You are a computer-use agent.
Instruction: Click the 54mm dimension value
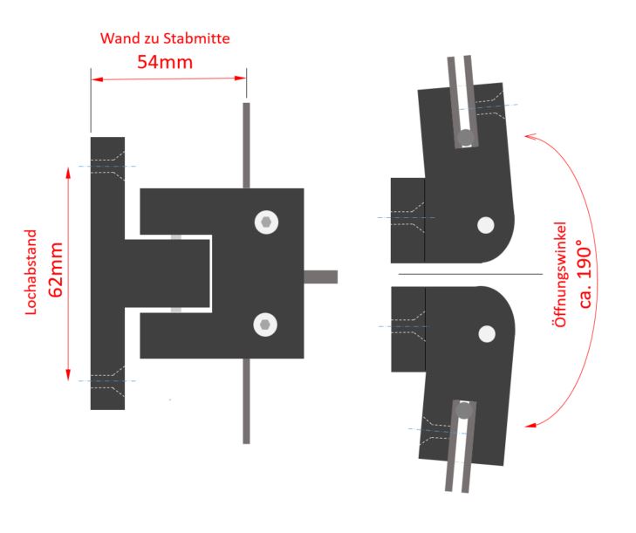(165, 62)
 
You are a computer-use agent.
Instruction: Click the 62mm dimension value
(56, 270)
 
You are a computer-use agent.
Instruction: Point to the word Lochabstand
(31, 272)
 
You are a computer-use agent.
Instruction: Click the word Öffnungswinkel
(559, 275)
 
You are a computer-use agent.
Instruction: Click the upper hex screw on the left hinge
(266, 222)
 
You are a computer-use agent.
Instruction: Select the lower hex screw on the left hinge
(265, 325)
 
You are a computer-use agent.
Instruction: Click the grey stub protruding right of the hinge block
(320, 277)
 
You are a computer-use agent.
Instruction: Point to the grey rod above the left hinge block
(246, 145)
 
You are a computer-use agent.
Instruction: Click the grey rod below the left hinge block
(246, 400)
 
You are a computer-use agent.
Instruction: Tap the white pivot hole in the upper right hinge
(486, 225)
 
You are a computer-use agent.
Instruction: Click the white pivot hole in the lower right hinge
(487, 334)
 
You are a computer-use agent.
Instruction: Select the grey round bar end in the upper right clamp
(466, 138)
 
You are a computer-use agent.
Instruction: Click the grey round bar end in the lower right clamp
(464, 410)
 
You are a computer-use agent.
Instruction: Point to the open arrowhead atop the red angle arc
(530, 137)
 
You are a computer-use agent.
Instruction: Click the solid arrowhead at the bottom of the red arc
(530, 425)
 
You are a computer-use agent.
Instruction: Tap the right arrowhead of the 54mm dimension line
(241, 79)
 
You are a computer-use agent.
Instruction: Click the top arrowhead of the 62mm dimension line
(68, 174)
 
